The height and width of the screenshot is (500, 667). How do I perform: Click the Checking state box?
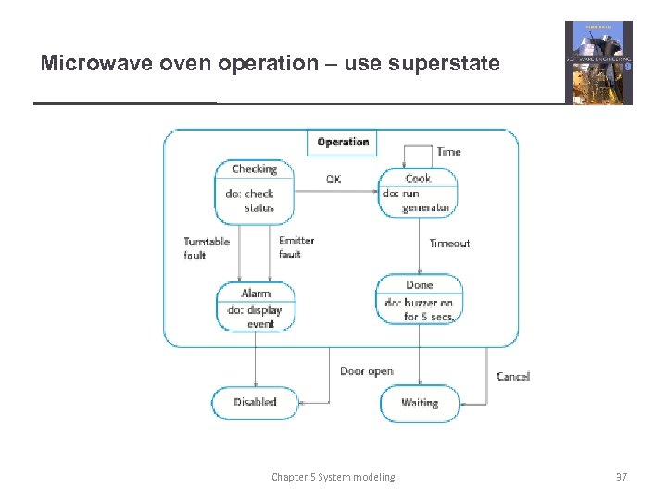[x=254, y=192]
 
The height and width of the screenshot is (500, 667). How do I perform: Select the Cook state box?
[x=418, y=192]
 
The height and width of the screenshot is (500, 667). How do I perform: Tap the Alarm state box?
[x=255, y=306]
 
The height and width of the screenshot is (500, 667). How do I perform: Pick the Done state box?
[x=419, y=298]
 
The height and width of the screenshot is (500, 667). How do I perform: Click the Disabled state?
[x=255, y=403]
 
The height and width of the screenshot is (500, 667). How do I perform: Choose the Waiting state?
[x=420, y=403]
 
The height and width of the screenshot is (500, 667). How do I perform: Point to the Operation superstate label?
[x=343, y=142]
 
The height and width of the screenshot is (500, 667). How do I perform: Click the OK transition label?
[x=333, y=179]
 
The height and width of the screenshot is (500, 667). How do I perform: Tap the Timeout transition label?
[x=449, y=244]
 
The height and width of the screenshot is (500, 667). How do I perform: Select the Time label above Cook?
[x=448, y=152]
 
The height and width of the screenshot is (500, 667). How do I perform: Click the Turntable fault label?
[x=207, y=248]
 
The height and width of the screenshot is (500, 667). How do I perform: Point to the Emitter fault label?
[x=296, y=247]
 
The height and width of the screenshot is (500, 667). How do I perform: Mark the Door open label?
[x=367, y=371]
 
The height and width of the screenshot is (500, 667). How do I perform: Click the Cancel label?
[x=513, y=377]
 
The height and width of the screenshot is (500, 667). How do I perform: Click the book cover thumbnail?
[x=598, y=63]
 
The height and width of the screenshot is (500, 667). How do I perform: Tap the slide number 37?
[x=622, y=477]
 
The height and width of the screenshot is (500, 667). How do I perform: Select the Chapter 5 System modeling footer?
[x=333, y=477]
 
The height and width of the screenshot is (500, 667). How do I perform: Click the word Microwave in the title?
[x=89, y=64]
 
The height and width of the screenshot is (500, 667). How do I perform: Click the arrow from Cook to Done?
[x=419, y=245]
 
